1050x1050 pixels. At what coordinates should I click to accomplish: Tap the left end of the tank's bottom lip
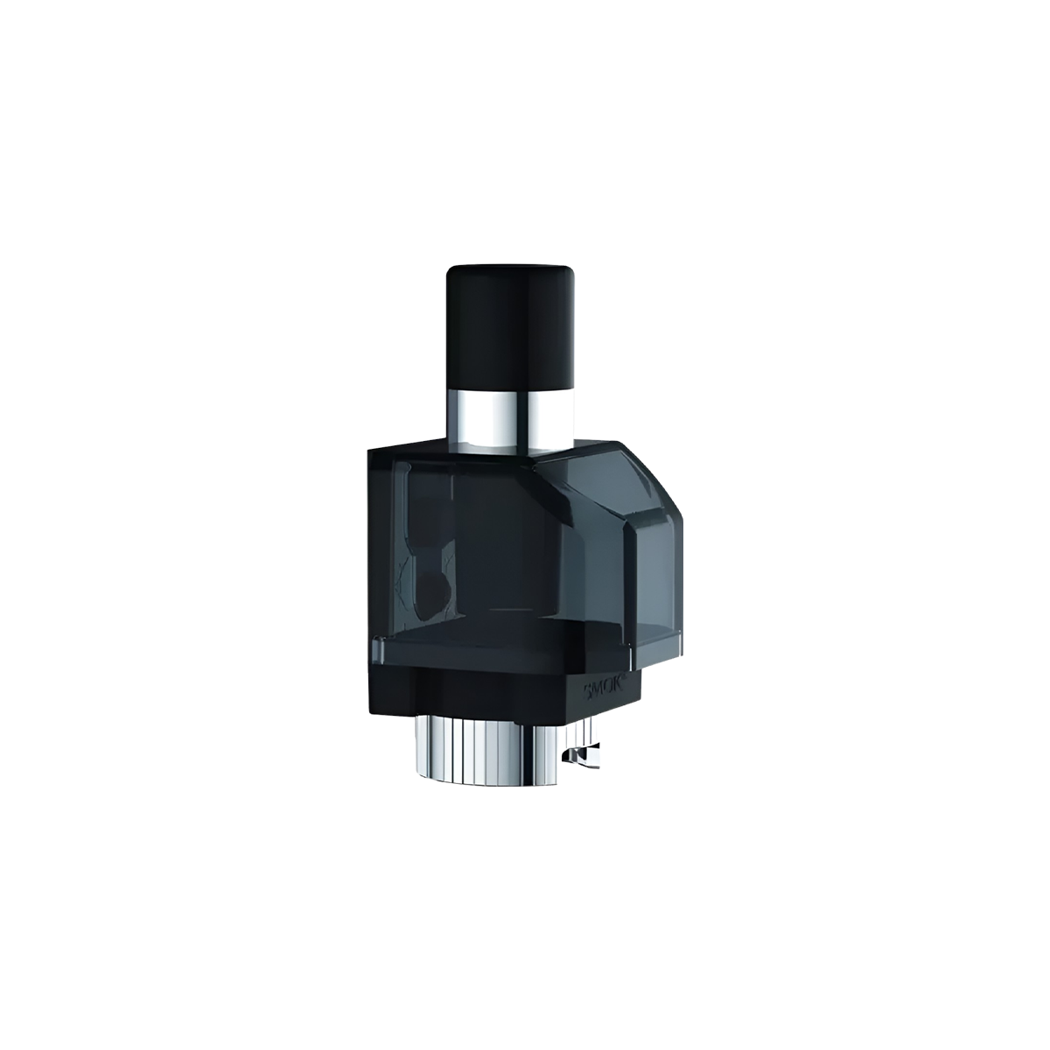pyautogui.click(x=376, y=647)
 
